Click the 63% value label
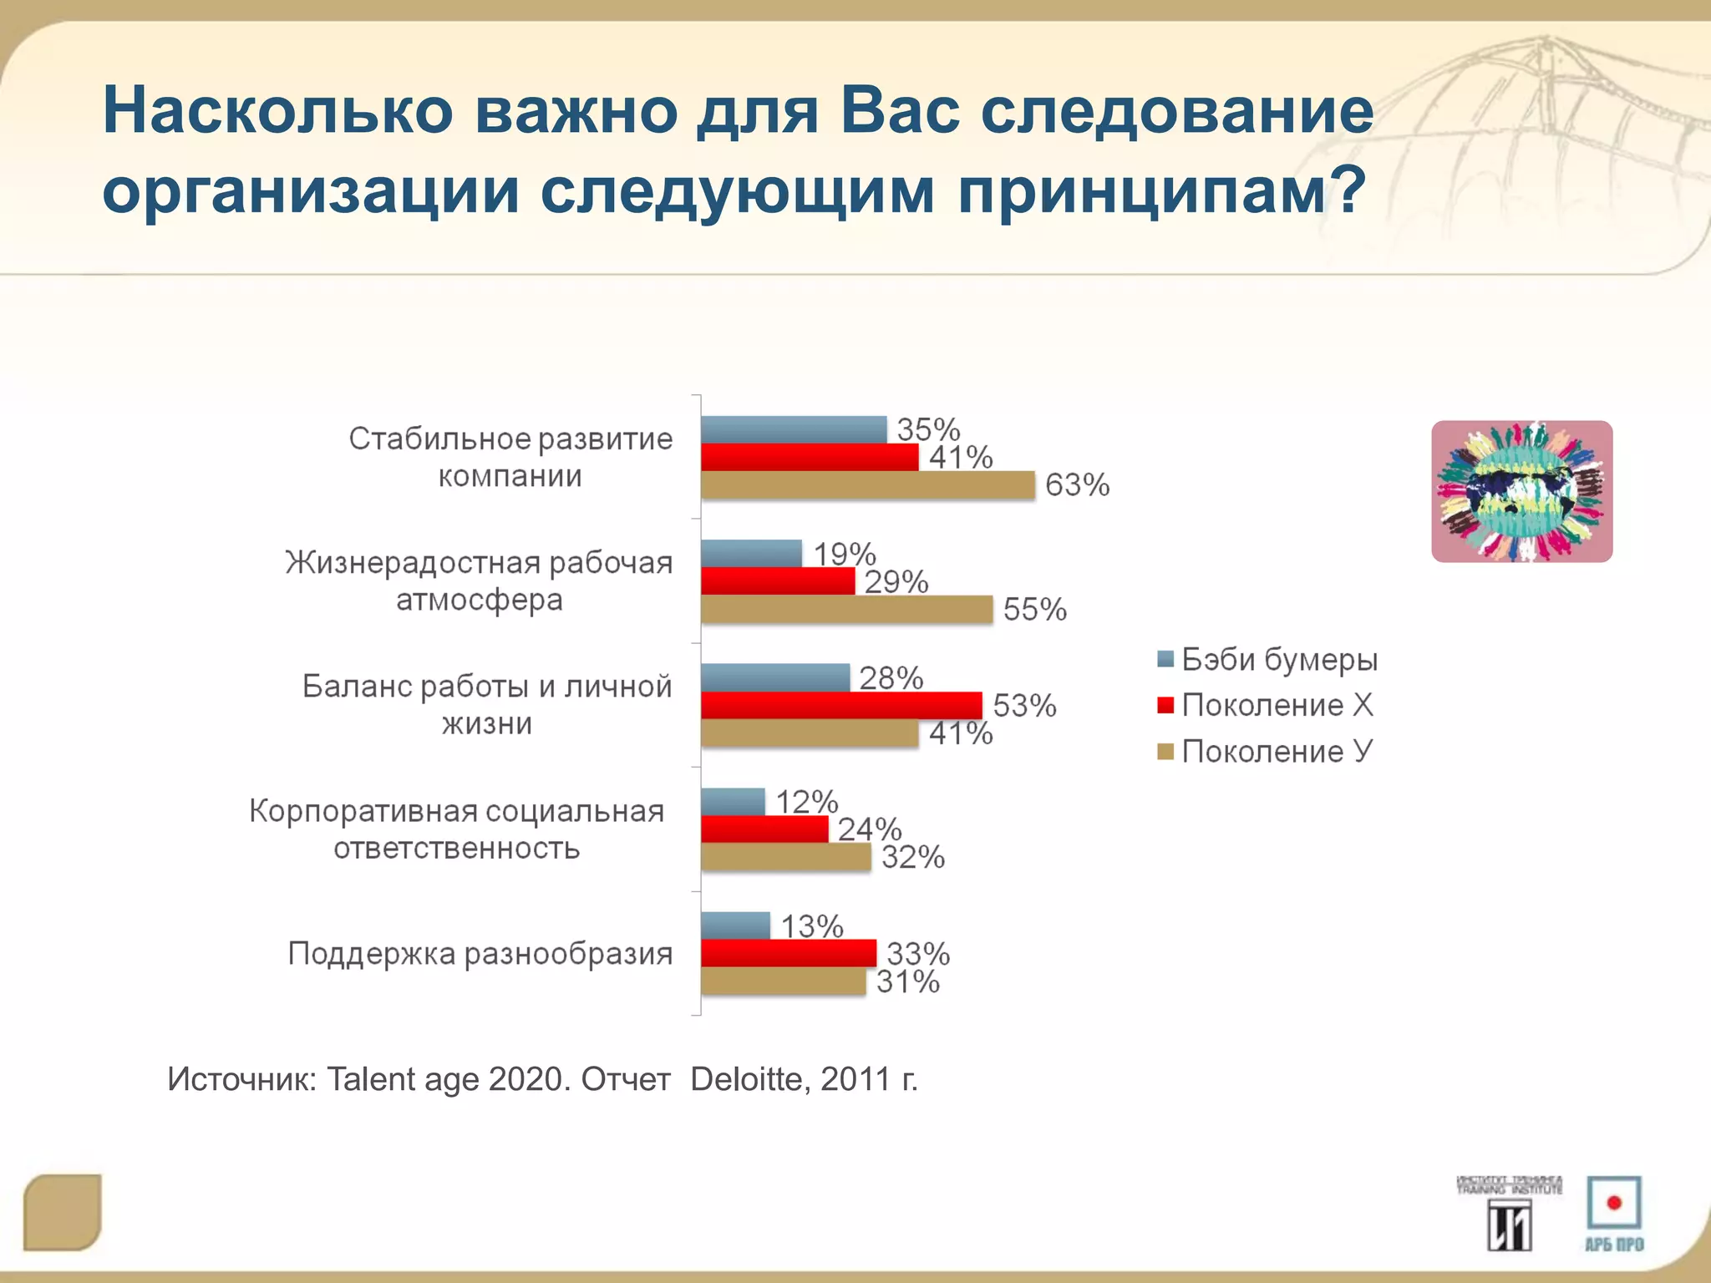(x=1077, y=485)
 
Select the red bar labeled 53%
(x=841, y=705)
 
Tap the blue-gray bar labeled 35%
(x=794, y=429)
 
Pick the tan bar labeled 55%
(x=846, y=609)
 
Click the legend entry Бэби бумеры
(x=1278, y=660)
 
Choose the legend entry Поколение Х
(x=1277, y=706)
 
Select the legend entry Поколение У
(x=1277, y=752)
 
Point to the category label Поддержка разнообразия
(x=480, y=953)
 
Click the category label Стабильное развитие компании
(x=510, y=457)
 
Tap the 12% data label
(x=806, y=802)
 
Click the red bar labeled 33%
(x=789, y=953)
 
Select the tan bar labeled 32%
(x=785, y=857)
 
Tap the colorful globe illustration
(x=1521, y=491)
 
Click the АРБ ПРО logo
(x=1614, y=1214)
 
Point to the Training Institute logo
(x=1509, y=1214)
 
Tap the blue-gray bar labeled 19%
(x=751, y=553)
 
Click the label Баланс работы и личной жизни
(x=487, y=704)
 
